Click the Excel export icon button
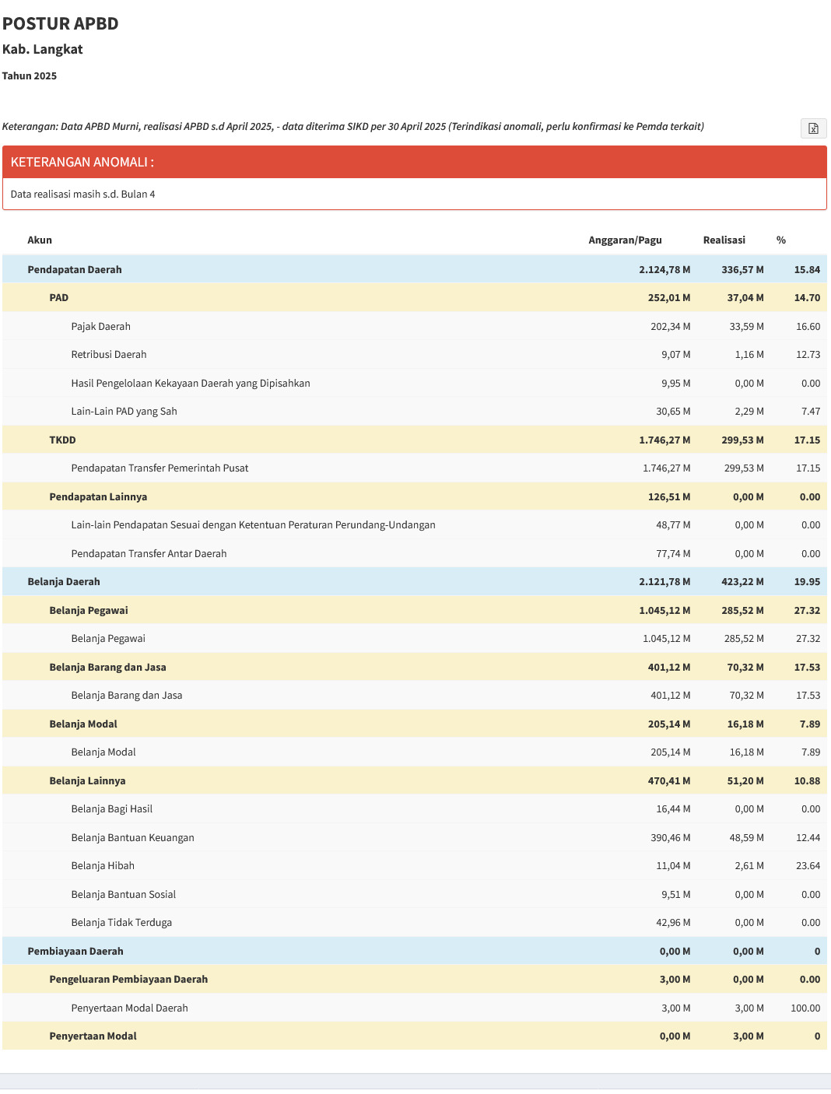point(813,128)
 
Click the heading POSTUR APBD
point(60,24)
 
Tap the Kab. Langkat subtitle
point(42,49)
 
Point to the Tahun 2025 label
point(30,75)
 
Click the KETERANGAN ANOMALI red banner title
point(82,162)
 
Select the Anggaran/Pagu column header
point(625,240)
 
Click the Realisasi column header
point(724,240)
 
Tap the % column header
point(780,240)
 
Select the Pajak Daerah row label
point(100,327)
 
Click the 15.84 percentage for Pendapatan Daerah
point(807,270)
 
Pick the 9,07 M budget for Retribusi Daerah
point(675,354)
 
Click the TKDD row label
point(62,440)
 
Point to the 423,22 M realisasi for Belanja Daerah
point(742,582)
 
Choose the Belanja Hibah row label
point(103,866)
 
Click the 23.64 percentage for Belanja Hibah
point(808,866)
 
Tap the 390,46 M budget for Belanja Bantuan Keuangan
point(670,837)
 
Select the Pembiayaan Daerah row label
point(75,951)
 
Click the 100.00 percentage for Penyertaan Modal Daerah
point(805,1008)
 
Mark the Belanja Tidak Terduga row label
point(121,923)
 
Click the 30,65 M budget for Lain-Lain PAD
point(673,411)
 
